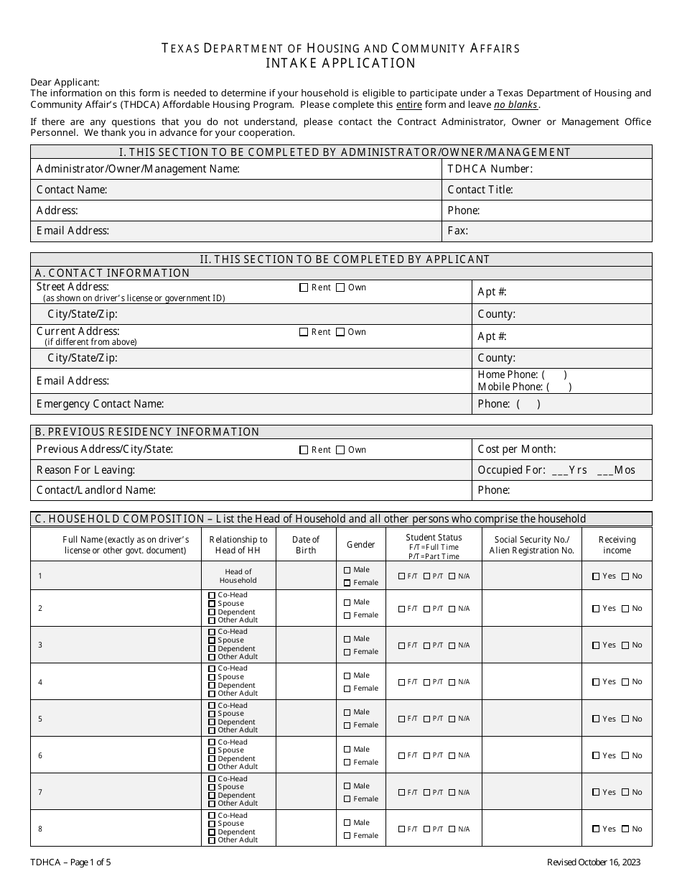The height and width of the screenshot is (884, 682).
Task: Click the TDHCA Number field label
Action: (x=490, y=169)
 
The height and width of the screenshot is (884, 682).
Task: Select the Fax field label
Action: (x=457, y=231)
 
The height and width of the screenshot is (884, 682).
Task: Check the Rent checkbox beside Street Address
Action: (x=304, y=287)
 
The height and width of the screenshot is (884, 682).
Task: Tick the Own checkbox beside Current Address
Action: (x=340, y=332)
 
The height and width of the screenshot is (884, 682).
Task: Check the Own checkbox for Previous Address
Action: (x=340, y=450)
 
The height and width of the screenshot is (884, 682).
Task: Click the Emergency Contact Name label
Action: (x=101, y=404)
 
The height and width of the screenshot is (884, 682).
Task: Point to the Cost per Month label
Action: (x=516, y=449)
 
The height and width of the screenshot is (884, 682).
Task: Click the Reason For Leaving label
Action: (x=85, y=470)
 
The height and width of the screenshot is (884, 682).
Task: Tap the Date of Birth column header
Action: (x=306, y=545)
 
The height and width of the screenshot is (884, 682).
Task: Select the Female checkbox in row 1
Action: (x=347, y=583)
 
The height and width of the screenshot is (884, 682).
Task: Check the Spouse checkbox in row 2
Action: (x=212, y=604)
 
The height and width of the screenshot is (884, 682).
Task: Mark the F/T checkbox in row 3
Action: (x=402, y=645)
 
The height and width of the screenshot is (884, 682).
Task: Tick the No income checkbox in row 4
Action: (x=626, y=682)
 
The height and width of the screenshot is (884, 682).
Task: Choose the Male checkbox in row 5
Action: (x=347, y=712)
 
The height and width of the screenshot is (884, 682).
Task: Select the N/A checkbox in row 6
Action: (x=452, y=755)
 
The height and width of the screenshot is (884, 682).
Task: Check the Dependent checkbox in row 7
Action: (x=212, y=796)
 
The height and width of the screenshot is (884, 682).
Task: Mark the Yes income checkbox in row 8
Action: (x=596, y=829)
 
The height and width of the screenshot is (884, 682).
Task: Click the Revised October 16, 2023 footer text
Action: (x=594, y=862)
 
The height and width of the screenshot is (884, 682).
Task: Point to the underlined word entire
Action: (x=409, y=105)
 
